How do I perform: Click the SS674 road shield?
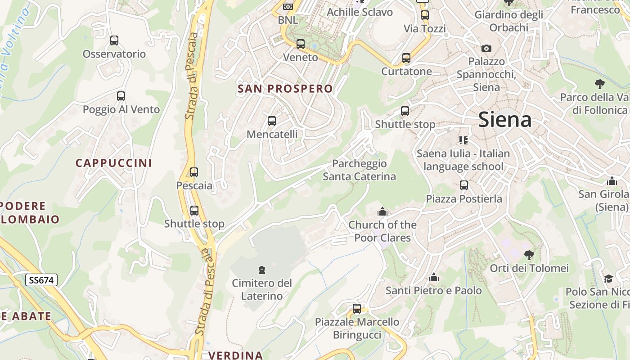point(41,280)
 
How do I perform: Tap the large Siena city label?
point(504,120)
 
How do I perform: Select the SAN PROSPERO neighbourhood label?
point(285,89)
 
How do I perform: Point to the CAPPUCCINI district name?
point(114,163)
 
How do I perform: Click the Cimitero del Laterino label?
point(262,289)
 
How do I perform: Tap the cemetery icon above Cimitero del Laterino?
point(261,270)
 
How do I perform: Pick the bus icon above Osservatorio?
point(114,40)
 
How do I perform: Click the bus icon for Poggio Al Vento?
point(121,96)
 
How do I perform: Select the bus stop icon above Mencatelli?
point(272,121)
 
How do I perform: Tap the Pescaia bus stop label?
point(194,185)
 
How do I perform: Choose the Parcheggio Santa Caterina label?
point(359,170)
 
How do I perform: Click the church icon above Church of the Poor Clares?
point(382,211)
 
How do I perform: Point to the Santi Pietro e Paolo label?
point(433,291)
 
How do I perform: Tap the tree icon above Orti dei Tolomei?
point(529,255)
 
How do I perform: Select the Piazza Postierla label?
point(464,198)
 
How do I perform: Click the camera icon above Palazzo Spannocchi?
point(486,48)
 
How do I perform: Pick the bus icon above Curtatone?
point(406,58)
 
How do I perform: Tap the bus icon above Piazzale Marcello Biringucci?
point(357,309)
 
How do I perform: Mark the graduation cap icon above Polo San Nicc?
point(608,279)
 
